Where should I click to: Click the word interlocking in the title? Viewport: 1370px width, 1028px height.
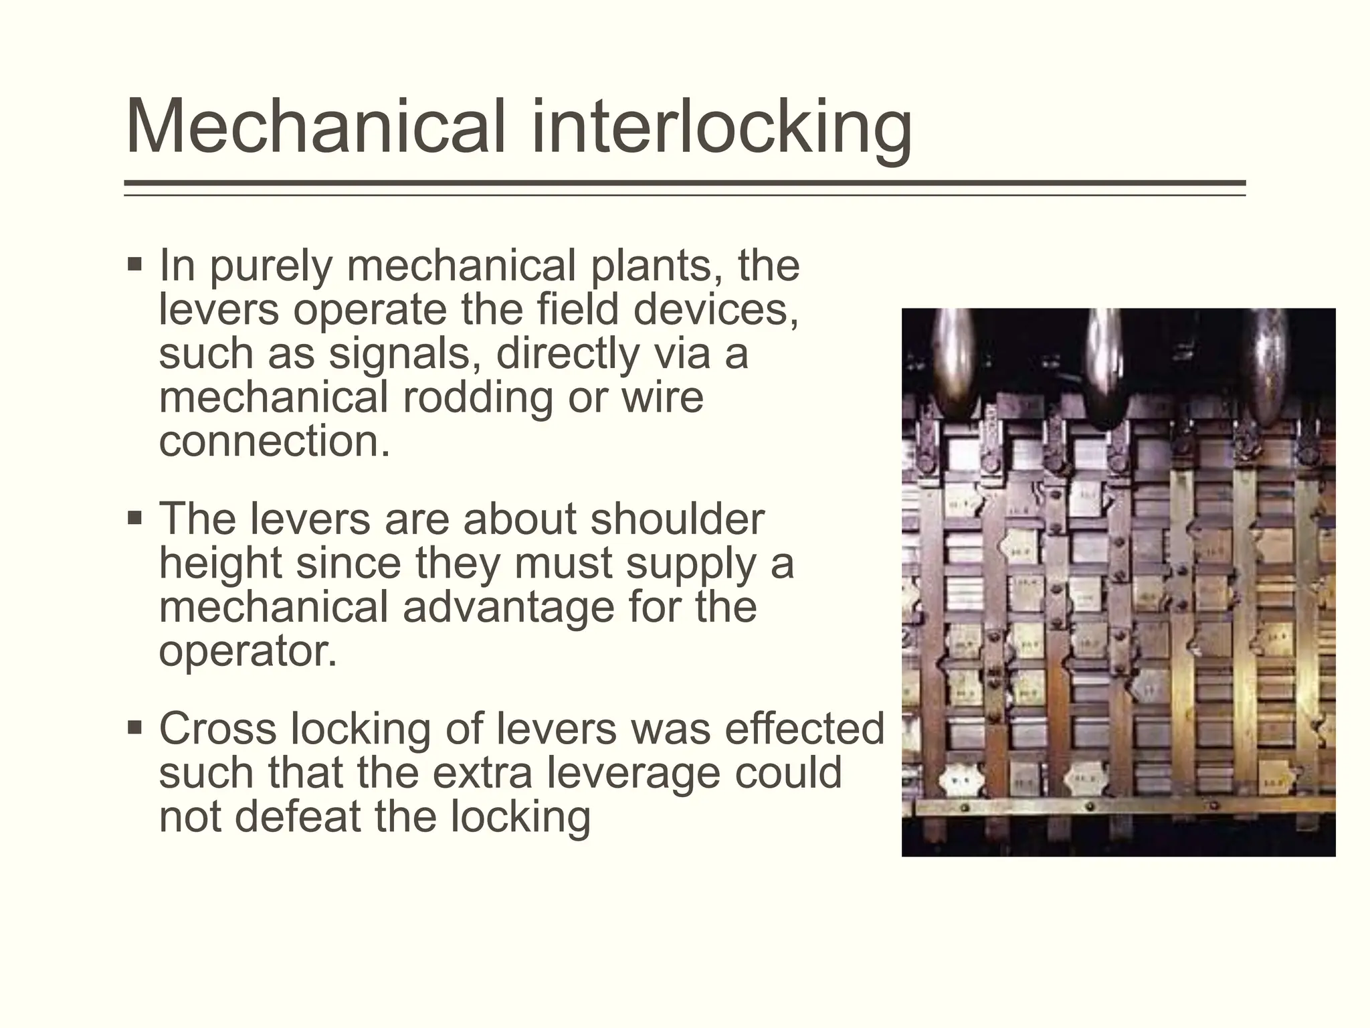(722, 127)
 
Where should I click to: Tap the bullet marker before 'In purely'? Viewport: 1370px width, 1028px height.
(134, 263)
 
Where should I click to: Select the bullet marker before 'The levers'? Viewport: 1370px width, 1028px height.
(134, 517)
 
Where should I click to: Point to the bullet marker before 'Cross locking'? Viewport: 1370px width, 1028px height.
(134, 727)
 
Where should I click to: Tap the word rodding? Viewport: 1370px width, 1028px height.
(478, 398)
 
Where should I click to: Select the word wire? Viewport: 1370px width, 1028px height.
(662, 398)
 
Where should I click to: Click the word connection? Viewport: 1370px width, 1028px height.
(274, 442)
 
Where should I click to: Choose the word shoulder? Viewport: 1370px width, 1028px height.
(676, 519)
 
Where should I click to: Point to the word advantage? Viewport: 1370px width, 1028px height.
(508, 607)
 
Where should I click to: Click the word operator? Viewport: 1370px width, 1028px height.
(248, 651)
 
